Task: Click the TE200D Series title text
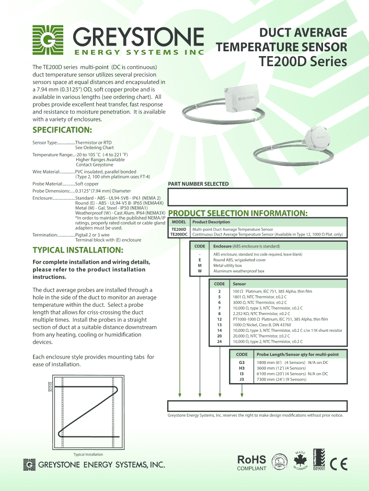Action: coord(303,62)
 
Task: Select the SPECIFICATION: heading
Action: coord(62,130)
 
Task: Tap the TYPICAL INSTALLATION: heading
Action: coord(78,250)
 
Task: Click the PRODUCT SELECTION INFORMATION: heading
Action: coord(237,213)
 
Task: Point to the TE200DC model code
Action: coord(178,235)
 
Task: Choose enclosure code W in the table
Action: coord(199,271)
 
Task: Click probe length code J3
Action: coord(242,379)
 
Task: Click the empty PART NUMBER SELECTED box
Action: coord(256,197)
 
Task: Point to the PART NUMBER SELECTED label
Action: coord(198,184)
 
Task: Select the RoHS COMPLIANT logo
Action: coord(252,463)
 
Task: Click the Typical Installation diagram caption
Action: coord(88,454)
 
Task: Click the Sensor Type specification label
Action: coord(45,143)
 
